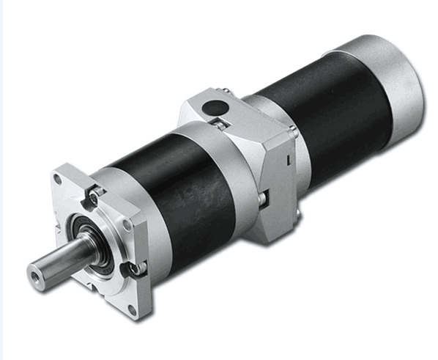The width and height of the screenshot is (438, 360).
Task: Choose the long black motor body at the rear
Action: (322, 117)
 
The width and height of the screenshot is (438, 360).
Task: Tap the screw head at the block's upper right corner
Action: (292, 132)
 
